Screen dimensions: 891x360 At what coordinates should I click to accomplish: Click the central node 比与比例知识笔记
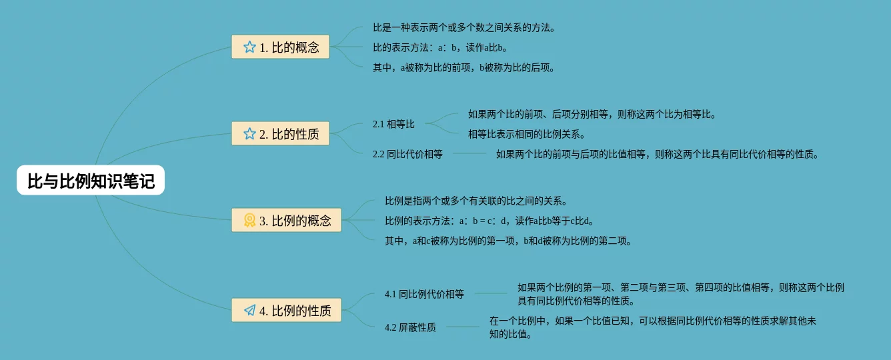pyautogui.click(x=91, y=180)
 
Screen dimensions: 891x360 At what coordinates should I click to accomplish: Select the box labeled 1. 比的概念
pyautogui.click(x=280, y=47)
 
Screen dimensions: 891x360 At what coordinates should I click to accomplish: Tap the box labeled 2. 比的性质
pyautogui.click(x=280, y=133)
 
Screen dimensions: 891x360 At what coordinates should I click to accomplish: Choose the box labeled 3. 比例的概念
pyautogui.click(x=286, y=220)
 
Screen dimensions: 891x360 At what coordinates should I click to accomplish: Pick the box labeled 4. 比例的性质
pyautogui.click(x=286, y=310)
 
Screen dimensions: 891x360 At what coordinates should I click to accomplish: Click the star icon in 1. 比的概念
pyautogui.click(x=249, y=47)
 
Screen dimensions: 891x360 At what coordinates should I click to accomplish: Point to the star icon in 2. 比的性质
pyautogui.click(x=249, y=133)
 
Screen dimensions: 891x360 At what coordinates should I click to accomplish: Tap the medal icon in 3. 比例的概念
pyautogui.click(x=249, y=220)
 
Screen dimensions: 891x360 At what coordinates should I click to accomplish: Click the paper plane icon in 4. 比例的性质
pyautogui.click(x=249, y=310)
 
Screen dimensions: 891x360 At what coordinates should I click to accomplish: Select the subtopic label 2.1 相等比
pyautogui.click(x=393, y=124)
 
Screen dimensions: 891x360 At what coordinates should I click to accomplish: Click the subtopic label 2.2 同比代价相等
pyautogui.click(x=407, y=154)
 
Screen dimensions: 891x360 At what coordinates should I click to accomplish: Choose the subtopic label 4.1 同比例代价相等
pyautogui.click(x=424, y=293)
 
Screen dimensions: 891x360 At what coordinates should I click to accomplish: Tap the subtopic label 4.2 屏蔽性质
pyautogui.click(x=410, y=327)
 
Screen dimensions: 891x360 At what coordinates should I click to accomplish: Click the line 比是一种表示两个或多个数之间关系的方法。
pyautogui.click(x=464, y=27)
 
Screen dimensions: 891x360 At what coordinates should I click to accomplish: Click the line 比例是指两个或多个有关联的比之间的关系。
pyautogui.click(x=476, y=201)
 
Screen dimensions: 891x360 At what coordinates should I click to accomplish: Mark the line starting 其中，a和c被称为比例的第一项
pyautogui.click(x=508, y=241)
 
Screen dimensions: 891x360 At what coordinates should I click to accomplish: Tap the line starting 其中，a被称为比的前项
pyautogui.click(x=464, y=67)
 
